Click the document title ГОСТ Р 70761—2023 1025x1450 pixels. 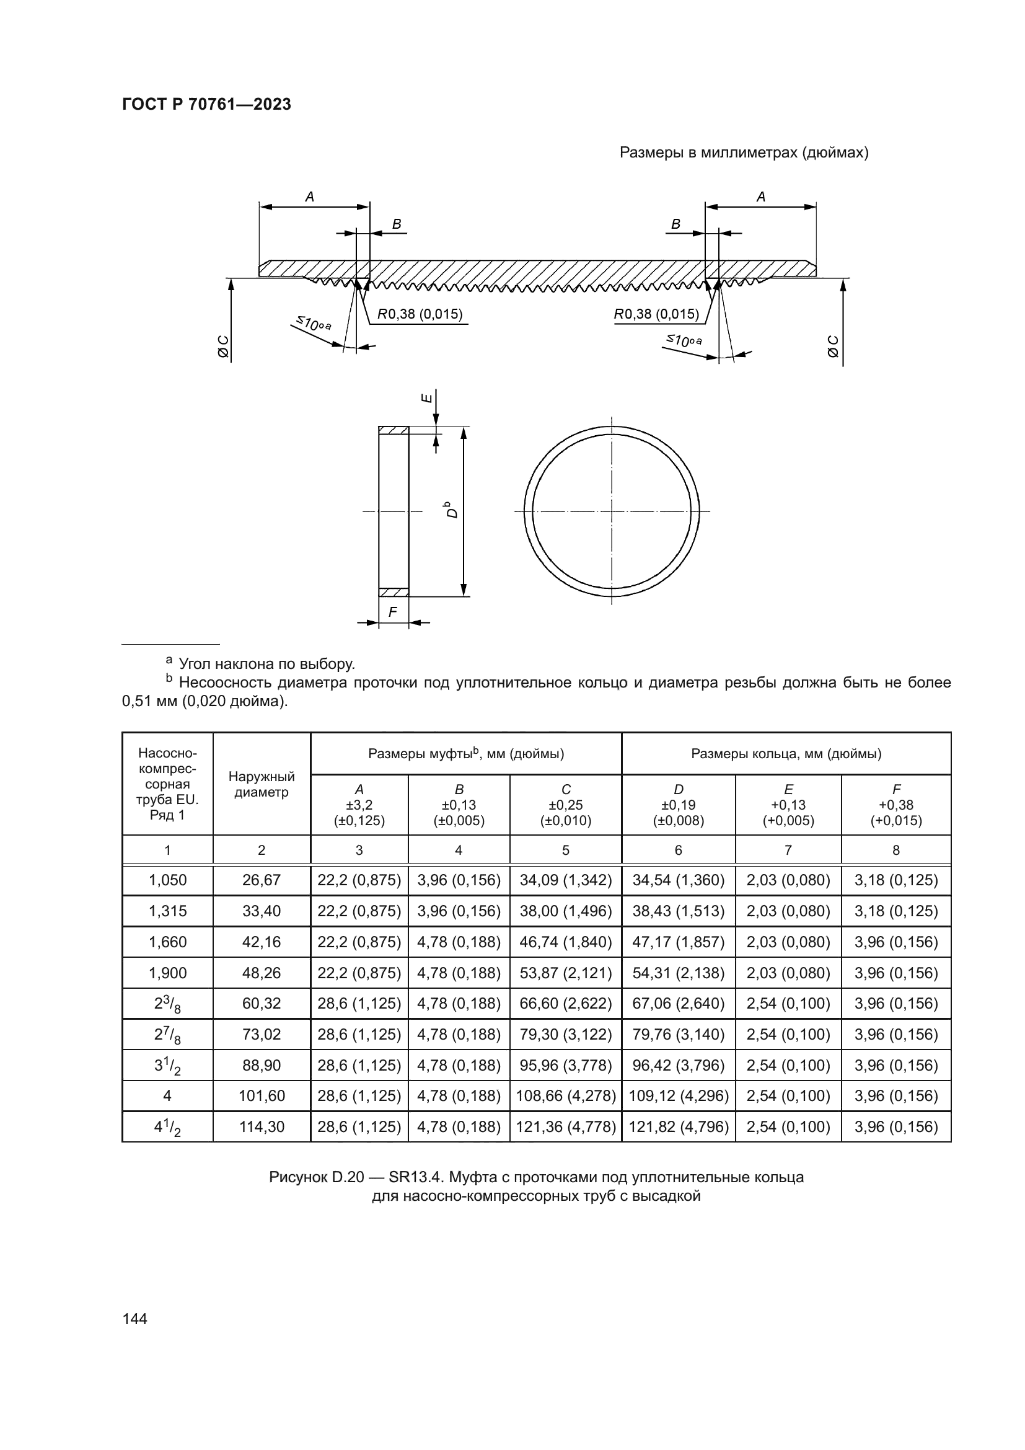pyautogui.click(x=206, y=104)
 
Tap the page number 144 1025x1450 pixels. pyautogui.click(x=134, y=1319)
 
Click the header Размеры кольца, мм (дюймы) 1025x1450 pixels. pyautogui.click(x=786, y=753)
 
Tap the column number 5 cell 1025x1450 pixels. pyautogui.click(x=566, y=850)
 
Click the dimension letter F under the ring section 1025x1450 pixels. pyautogui.click(x=392, y=612)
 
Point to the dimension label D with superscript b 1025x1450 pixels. pyautogui.click(x=451, y=509)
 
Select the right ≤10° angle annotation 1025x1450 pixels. pyautogui.click(x=684, y=340)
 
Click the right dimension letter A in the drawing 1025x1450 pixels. pyautogui.click(x=760, y=197)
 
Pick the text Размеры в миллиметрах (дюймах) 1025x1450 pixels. pyautogui.click(x=744, y=153)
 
